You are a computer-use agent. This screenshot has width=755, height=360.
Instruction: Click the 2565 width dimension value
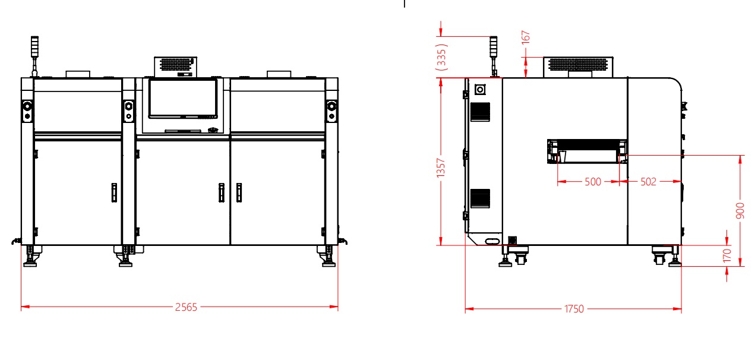[186, 307]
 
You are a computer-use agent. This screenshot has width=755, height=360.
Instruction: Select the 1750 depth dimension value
[574, 309]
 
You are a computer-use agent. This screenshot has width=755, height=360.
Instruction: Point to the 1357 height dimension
[441, 168]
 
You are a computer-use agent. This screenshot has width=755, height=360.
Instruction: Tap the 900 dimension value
[740, 211]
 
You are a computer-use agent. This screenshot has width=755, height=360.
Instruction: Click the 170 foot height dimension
[727, 255]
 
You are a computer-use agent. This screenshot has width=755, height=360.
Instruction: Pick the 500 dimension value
[593, 182]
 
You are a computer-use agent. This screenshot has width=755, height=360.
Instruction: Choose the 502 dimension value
[648, 182]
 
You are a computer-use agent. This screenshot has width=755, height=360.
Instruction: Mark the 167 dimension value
[526, 37]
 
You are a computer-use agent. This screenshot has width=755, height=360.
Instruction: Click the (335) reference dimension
[441, 57]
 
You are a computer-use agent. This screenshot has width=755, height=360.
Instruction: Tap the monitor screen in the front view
[183, 99]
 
